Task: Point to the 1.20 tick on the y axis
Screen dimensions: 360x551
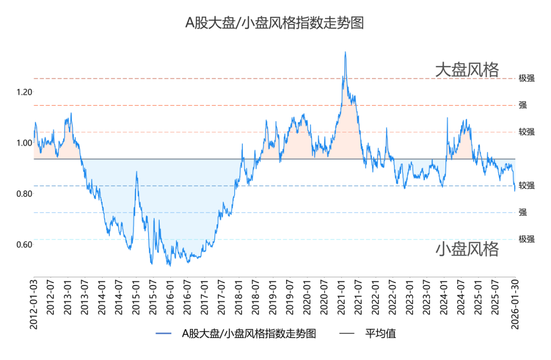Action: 24,92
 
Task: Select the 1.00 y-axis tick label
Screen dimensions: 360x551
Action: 24,143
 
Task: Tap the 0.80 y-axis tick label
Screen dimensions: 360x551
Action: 24,194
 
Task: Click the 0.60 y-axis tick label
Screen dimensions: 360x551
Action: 24,245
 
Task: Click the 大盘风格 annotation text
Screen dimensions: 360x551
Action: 466,70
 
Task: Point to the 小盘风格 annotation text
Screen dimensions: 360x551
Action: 466,249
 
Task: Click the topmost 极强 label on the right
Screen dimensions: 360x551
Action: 527,79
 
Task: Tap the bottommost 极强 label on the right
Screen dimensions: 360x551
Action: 527,239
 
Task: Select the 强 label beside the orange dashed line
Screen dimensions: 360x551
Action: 523,105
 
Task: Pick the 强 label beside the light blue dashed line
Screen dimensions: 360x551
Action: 523,212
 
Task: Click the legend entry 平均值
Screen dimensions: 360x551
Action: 381,334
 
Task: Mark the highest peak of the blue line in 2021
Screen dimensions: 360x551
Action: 345,52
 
